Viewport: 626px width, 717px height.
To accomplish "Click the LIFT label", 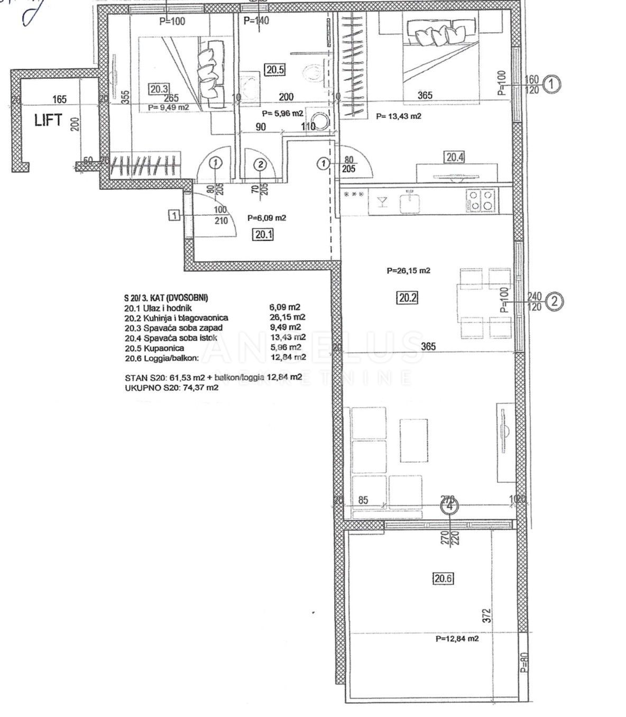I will point(48,120).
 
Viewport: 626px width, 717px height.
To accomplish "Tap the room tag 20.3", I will point(159,89).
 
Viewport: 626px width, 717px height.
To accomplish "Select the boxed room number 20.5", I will point(275,69).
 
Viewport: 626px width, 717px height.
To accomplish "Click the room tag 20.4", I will point(455,157).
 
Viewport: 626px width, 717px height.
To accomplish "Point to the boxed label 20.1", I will point(263,234).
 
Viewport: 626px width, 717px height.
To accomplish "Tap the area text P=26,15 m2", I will point(408,271).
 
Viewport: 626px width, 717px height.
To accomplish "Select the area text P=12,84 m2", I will point(457,639).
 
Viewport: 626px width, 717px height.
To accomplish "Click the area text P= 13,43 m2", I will point(399,116).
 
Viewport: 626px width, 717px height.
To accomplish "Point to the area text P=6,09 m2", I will point(267,217).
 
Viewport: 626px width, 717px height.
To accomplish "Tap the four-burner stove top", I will point(481,200).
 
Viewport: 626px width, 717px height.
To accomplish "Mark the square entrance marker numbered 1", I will point(174,215).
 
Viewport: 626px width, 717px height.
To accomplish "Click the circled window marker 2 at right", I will point(554,301).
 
